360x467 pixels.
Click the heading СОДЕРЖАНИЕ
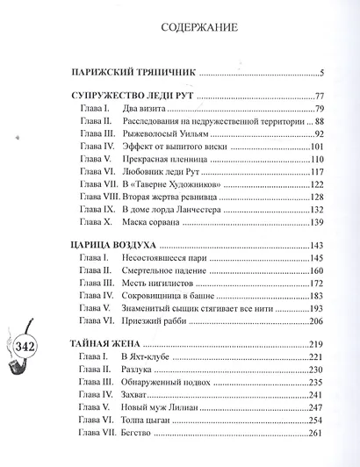click(x=198, y=27)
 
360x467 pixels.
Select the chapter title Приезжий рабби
click(x=155, y=322)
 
